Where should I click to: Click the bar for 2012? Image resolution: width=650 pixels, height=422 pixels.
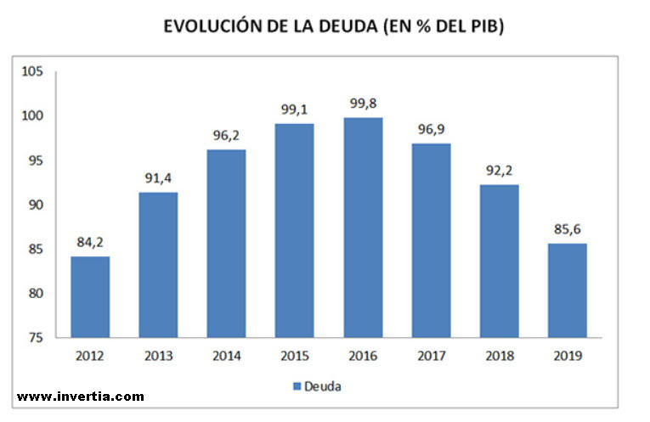tap(90, 296)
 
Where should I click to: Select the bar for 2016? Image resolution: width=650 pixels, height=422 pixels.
tap(363, 227)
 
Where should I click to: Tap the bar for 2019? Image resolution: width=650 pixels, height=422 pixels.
tap(567, 290)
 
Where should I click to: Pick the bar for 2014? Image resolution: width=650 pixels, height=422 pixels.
tap(226, 243)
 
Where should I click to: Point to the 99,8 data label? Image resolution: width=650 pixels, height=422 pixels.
tap(363, 104)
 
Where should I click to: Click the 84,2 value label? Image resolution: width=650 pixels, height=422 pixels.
tap(90, 243)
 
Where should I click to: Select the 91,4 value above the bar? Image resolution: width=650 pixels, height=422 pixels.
tap(158, 179)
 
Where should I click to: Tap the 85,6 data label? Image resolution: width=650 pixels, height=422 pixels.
tap(567, 230)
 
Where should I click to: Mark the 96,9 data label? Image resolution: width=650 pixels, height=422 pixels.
tap(431, 130)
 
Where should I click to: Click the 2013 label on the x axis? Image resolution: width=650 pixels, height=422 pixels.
tap(158, 357)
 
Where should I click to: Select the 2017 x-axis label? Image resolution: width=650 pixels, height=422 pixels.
tap(431, 357)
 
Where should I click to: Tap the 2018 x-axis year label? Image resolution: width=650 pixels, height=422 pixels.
tap(499, 357)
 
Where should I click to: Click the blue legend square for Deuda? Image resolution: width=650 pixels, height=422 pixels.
tap(297, 387)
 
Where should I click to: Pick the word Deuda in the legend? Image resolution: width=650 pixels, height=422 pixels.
tap(323, 387)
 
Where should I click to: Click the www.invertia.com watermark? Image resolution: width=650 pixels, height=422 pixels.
tap(81, 397)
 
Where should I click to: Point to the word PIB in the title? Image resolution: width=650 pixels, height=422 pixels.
tap(488, 28)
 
